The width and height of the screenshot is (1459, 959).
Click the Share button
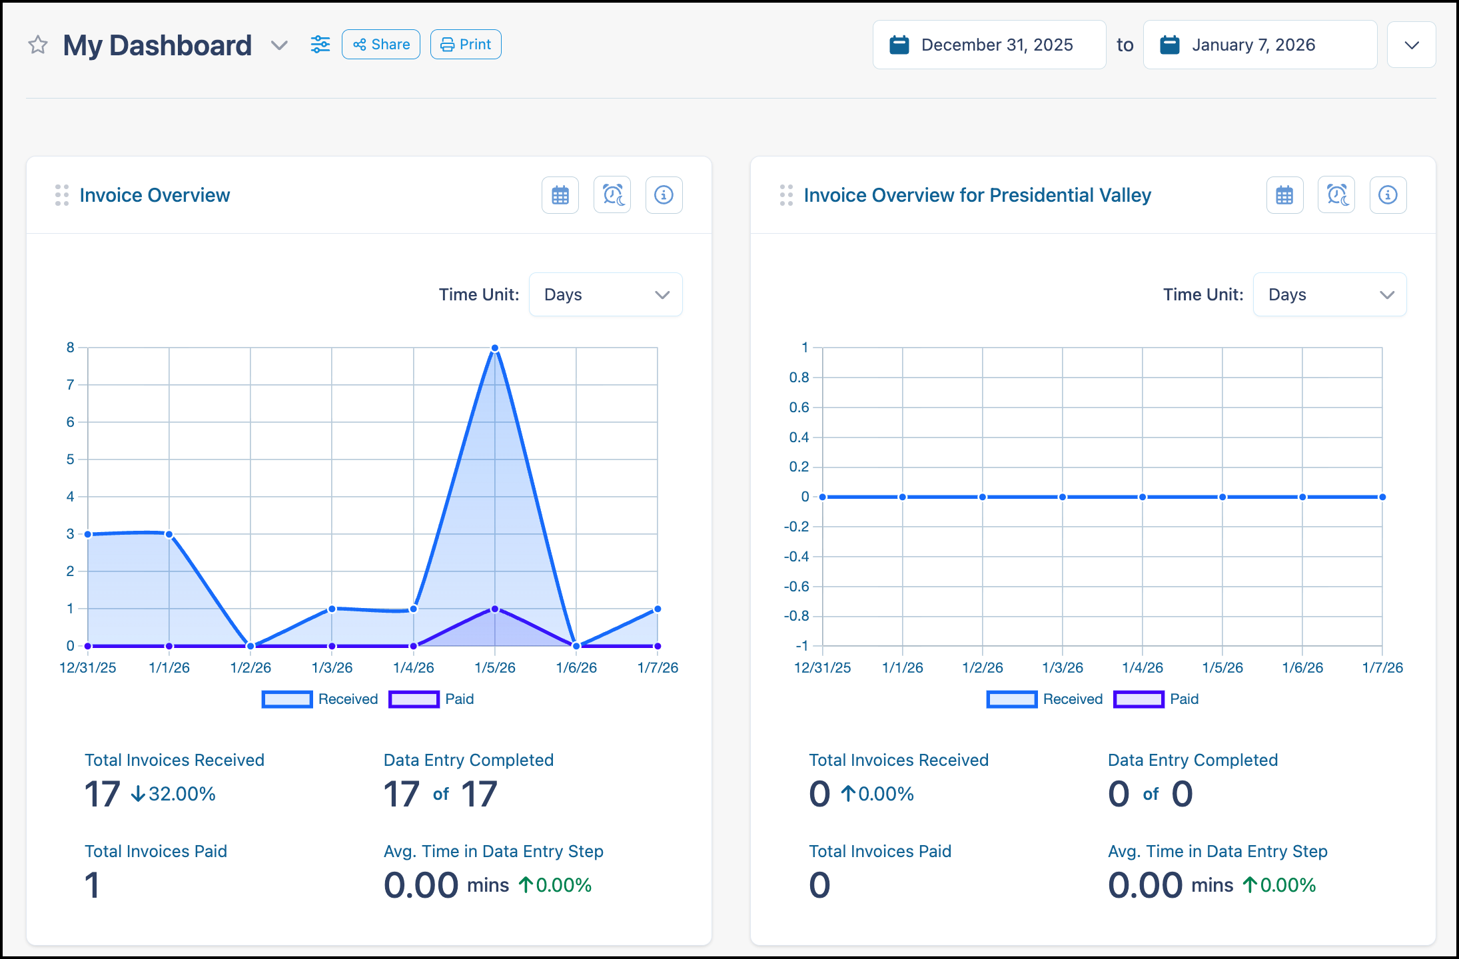[381, 45]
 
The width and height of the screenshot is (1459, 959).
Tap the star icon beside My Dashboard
[38, 45]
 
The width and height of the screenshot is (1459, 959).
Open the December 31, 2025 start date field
[989, 45]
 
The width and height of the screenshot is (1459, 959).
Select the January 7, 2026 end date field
[1260, 45]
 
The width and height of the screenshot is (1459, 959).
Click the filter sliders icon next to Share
[320, 45]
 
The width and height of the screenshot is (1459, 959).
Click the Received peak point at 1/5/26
[495, 348]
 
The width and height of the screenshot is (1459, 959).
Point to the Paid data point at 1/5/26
[495, 609]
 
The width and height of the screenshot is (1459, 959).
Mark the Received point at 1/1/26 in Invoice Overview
[169, 534]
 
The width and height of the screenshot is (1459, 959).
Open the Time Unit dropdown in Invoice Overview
[606, 294]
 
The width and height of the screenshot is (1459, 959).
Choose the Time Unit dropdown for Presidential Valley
[1330, 294]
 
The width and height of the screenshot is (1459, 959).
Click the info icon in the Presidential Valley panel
[1388, 195]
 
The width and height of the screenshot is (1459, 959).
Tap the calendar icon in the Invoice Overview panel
[560, 195]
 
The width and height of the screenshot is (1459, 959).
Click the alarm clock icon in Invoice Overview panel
[612, 195]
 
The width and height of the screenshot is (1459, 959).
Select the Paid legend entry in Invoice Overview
[432, 699]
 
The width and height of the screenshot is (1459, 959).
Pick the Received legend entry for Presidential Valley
[1045, 699]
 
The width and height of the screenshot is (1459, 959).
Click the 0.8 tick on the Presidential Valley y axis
[799, 378]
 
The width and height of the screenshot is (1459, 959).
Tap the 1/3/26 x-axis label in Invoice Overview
[332, 667]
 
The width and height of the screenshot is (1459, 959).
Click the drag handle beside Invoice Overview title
[62, 195]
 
